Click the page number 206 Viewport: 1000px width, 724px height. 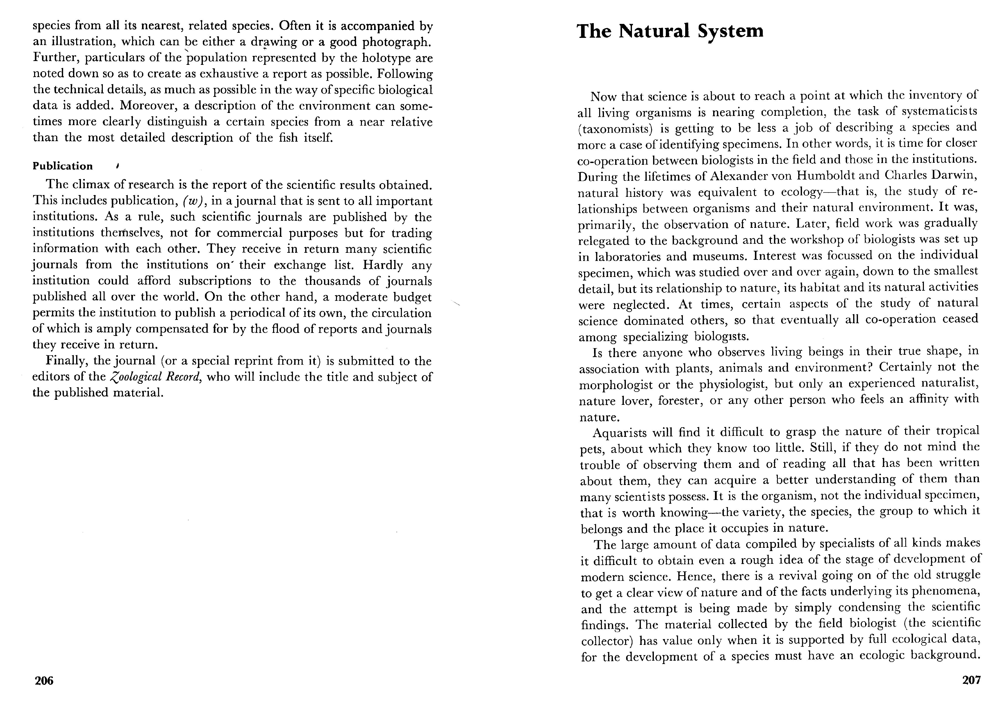pos(44,681)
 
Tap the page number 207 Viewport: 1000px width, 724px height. pos(971,680)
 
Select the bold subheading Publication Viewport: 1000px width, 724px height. pos(63,166)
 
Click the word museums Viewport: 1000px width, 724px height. pos(717,256)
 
